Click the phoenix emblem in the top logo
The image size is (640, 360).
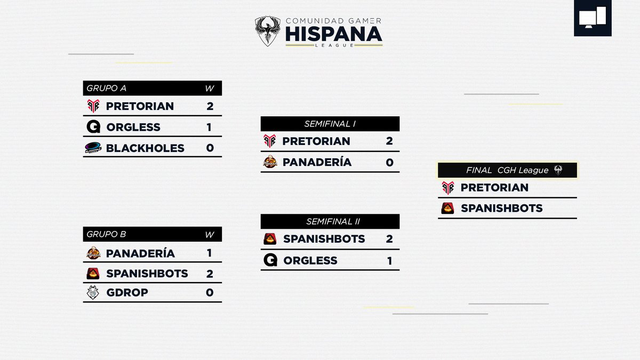tap(268, 31)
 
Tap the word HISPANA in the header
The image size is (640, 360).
tap(333, 34)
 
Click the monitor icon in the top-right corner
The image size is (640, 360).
tap(593, 18)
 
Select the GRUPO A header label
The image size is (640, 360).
tap(106, 89)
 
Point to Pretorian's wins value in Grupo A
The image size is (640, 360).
tap(210, 106)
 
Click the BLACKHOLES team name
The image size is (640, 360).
tap(145, 148)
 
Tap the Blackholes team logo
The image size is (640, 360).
tap(93, 148)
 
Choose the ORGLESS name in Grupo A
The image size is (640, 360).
tap(133, 127)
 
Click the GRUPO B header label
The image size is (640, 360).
tap(106, 234)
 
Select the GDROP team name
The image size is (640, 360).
tap(127, 292)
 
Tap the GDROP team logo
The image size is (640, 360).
tap(93, 292)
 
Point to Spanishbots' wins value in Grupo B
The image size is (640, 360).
tap(210, 274)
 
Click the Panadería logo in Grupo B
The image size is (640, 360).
tap(93, 253)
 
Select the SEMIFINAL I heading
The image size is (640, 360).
tap(330, 124)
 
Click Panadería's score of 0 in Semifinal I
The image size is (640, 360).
tap(389, 162)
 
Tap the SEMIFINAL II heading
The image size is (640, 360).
tap(330, 221)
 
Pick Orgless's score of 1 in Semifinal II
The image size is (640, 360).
tap(389, 261)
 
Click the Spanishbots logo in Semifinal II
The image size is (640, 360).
tap(270, 239)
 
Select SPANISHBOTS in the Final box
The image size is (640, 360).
tap(501, 208)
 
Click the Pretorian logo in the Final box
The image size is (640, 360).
tap(447, 188)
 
